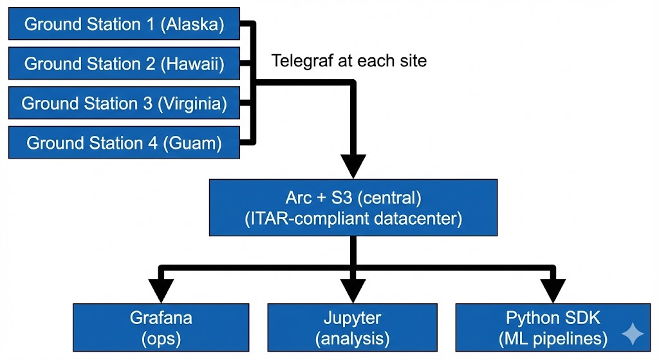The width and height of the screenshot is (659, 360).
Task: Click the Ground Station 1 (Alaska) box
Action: point(124,25)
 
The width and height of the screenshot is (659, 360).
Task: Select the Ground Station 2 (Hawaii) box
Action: point(124,64)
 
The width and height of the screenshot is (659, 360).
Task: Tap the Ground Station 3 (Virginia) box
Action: point(124,104)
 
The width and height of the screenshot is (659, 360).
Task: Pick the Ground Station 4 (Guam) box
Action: point(124,142)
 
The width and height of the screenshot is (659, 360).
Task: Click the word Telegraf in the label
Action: point(299,61)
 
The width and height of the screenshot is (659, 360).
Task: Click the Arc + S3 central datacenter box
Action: point(353,207)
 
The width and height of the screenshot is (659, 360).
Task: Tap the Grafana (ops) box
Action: point(161,328)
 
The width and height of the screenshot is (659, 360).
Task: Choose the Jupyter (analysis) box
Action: point(352,328)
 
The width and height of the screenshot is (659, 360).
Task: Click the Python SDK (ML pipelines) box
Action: point(552,328)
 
